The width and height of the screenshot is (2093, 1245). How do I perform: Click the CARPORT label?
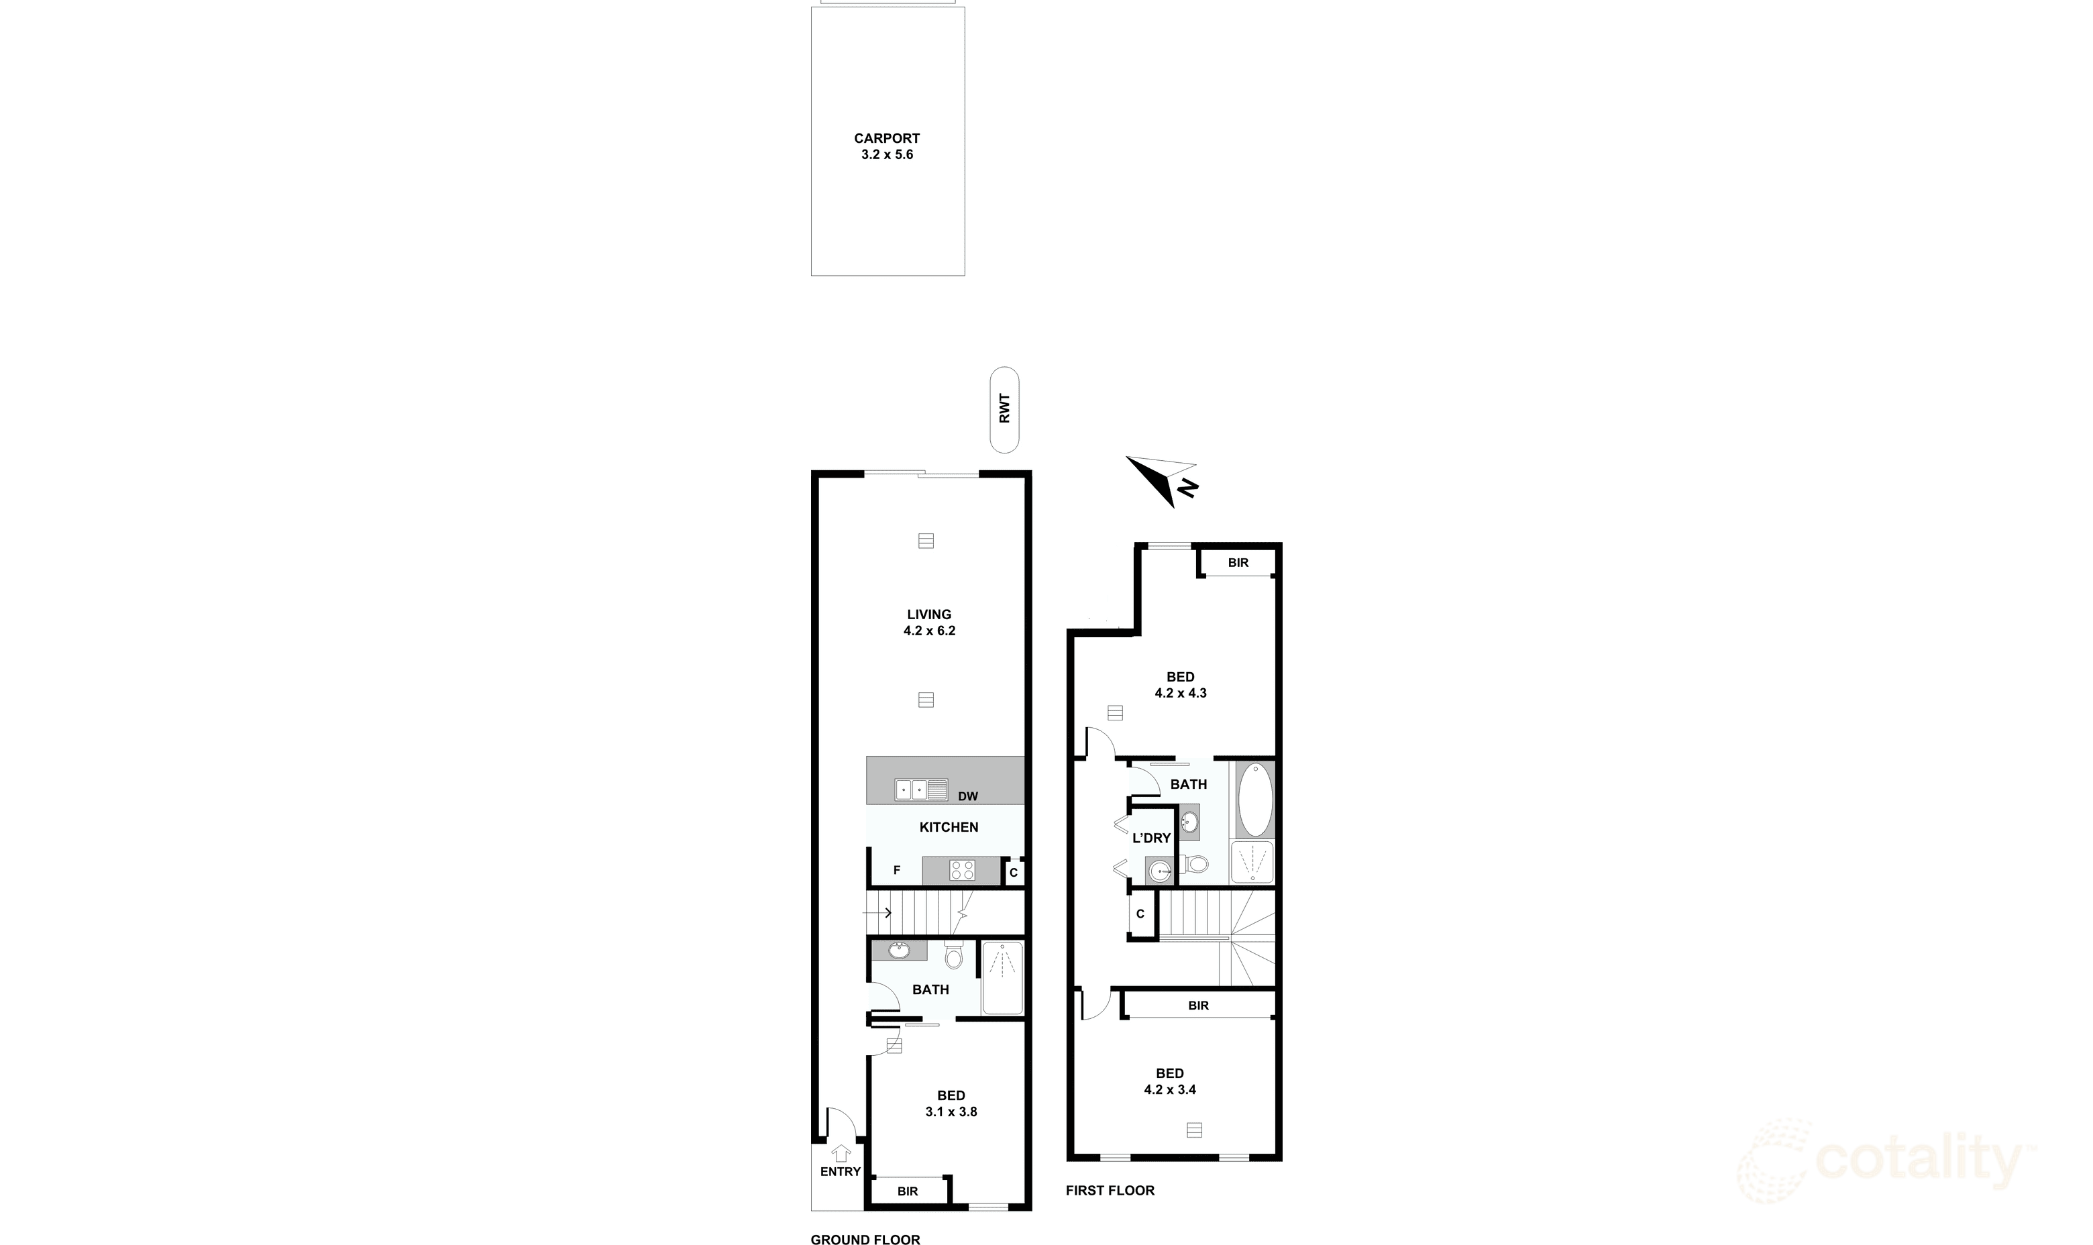click(x=887, y=138)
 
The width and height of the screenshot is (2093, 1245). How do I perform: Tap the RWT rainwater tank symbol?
click(x=1004, y=409)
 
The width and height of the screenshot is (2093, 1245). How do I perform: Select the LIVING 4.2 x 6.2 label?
click(x=928, y=622)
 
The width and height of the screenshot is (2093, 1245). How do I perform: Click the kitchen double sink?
click(x=920, y=790)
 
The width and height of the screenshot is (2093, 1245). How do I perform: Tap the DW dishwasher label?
click(x=967, y=796)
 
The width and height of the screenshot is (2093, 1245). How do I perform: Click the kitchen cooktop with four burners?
click(x=962, y=871)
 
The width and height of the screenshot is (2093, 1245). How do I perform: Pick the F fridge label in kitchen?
click(x=897, y=871)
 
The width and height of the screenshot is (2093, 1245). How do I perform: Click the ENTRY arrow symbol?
click(x=841, y=1154)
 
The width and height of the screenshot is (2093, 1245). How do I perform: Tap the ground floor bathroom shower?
click(x=1002, y=977)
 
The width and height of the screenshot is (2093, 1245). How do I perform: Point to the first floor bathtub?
click(x=1255, y=800)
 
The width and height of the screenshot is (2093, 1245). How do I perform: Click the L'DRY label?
click(x=1151, y=838)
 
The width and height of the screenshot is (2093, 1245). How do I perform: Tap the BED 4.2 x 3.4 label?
click(x=1169, y=1081)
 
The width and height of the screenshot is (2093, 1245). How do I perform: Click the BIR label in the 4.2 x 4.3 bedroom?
click(x=1237, y=563)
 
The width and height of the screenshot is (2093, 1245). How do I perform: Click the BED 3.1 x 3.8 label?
click(x=951, y=1103)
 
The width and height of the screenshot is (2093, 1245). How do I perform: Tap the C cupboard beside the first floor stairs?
click(x=1140, y=914)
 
